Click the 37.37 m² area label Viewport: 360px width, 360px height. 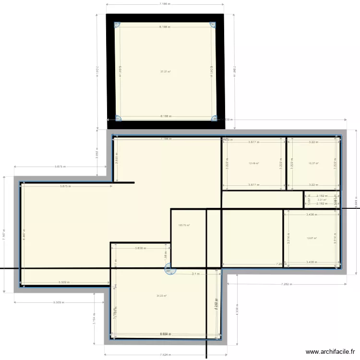coord(165,72)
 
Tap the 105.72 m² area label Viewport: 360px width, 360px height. coord(184,225)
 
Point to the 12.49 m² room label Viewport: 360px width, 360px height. coord(253,163)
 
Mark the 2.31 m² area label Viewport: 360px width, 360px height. coord(322,200)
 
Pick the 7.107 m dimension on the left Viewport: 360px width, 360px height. coord(4,236)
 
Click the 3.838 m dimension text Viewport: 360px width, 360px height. coord(140,248)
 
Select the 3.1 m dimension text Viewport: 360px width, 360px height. coord(195,274)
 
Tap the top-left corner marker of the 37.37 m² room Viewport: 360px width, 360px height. coord(117,25)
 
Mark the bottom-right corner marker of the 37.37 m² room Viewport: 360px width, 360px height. coord(214,118)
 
